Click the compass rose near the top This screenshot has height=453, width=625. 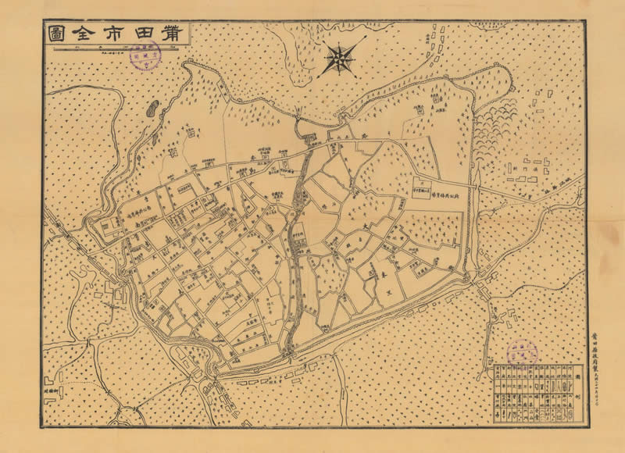(341, 58)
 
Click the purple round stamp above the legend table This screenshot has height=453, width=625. (522, 354)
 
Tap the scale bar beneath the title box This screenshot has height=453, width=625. (117, 52)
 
